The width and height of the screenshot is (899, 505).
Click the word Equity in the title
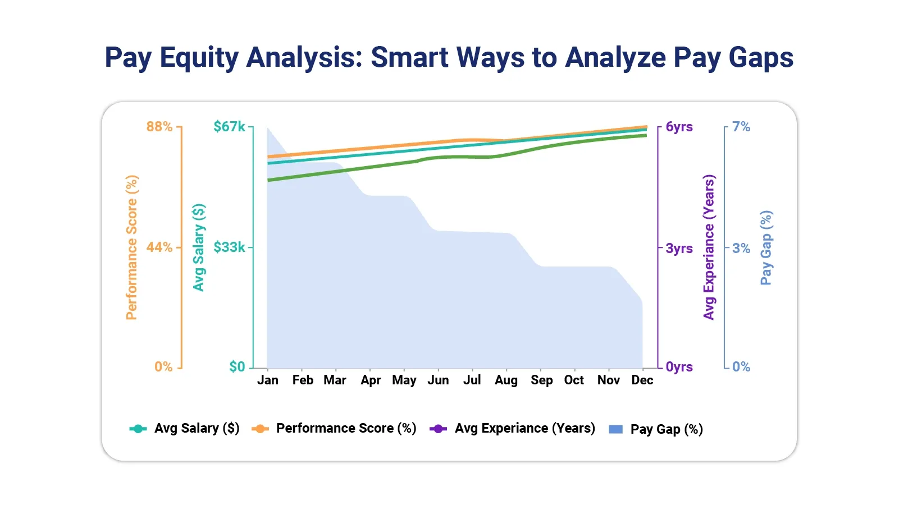(x=199, y=58)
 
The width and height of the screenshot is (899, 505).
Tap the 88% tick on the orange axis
(x=159, y=127)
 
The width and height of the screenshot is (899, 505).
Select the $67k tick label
(x=229, y=127)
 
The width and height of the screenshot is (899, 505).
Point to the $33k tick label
(x=229, y=247)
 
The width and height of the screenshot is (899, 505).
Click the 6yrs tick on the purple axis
(x=679, y=127)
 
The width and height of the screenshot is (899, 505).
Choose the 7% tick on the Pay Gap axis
(x=741, y=127)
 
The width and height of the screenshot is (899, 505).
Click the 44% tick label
(x=159, y=247)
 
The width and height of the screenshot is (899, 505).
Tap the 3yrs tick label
(x=679, y=248)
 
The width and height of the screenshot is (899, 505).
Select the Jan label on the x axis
(x=268, y=380)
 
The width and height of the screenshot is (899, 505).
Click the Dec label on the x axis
(x=642, y=380)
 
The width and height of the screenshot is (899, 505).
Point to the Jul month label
(x=472, y=380)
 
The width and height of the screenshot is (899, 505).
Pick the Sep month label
(x=541, y=380)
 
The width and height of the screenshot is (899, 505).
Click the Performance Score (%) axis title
(x=131, y=247)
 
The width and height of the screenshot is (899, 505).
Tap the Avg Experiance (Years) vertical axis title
(x=709, y=247)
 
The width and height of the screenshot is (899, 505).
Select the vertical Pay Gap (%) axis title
(x=766, y=247)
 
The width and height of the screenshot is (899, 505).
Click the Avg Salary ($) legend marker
(x=138, y=429)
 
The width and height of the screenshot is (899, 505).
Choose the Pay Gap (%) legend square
(x=616, y=429)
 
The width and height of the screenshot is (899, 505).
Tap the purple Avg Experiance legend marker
(x=438, y=429)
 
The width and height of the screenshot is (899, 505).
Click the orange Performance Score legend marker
(x=260, y=429)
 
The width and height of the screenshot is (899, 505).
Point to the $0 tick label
(x=237, y=367)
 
